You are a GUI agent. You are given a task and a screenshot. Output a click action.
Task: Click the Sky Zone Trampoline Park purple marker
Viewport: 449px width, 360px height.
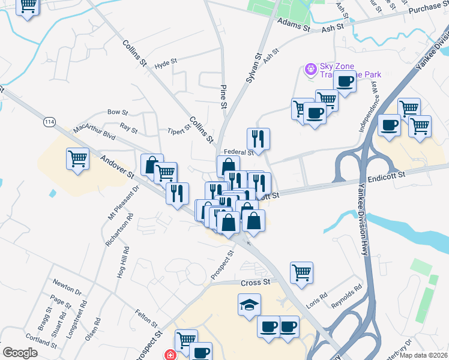[x=310, y=70]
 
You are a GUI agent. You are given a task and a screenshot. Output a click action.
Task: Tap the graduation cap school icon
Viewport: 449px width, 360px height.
[x=249, y=305]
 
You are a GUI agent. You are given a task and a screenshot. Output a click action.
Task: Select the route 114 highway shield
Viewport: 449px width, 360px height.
[x=49, y=122]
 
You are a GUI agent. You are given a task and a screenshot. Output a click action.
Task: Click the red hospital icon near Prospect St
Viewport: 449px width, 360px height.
[x=170, y=355]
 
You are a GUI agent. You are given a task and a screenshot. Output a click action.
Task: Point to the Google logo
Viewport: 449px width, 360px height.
[x=20, y=352]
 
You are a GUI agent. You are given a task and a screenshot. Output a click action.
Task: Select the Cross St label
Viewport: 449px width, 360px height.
[x=256, y=282]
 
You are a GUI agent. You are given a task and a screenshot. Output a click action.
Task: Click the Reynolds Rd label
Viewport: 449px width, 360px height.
[x=349, y=295]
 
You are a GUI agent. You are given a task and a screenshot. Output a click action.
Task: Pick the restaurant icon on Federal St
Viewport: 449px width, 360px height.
[x=258, y=139]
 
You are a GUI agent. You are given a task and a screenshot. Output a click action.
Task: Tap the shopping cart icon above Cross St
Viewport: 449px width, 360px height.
[x=301, y=272]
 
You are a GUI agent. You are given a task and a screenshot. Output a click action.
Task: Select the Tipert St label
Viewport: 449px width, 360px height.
[x=179, y=130]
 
